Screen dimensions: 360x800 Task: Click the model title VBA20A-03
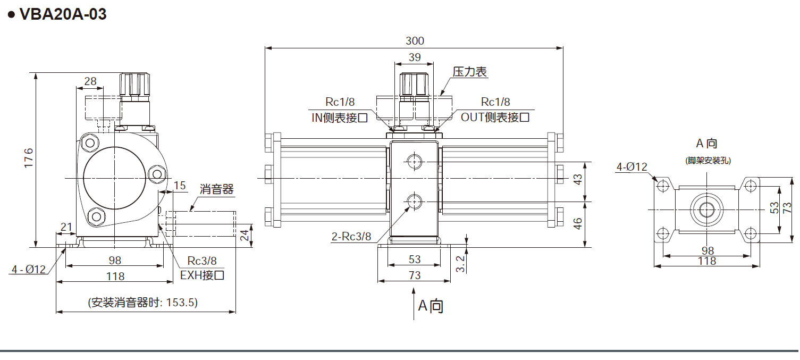pyautogui.click(x=62, y=14)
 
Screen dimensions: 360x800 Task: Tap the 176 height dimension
pyautogui.click(x=29, y=159)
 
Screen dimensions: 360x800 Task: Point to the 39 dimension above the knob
pyautogui.click(x=414, y=57)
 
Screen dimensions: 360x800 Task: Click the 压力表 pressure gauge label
pyautogui.click(x=470, y=72)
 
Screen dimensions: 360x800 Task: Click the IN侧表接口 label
pyautogui.click(x=339, y=118)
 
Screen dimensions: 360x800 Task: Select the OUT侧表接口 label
pyautogui.click(x=495, y=118)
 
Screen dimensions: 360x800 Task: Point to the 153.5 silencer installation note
pyautogui.click(x=143, y=303)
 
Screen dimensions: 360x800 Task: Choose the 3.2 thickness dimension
pyautogui.click(x=461, y=263)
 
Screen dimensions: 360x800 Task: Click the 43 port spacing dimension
pyautogui.click(x=578, y=179)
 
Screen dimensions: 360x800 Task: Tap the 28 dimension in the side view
pyautogui.click(x=90, y=81)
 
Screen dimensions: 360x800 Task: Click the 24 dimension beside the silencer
pyautogui.click(x=245, y=235)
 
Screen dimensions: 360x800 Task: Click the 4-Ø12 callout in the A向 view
pyautogui.click(x=631, y=167)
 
